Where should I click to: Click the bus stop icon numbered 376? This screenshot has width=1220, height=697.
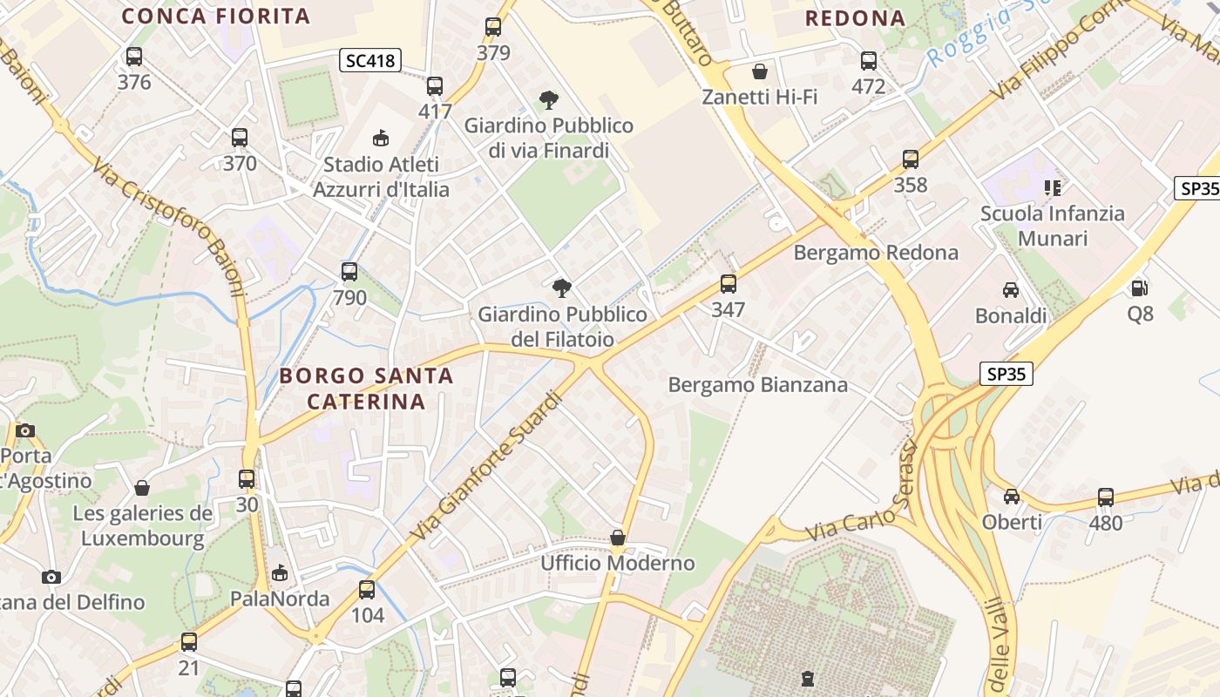pyautogui.click(x=134, y=57)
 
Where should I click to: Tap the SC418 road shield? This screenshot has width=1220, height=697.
pyautogui.click(x=369, y=60)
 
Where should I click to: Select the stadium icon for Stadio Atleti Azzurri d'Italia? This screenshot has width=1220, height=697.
pyautogui.click(x=381, y=138)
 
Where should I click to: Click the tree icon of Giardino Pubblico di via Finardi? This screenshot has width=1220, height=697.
pyautogui.click(x=548, y=100)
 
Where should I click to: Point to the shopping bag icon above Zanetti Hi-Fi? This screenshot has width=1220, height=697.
pyautogui.click(x=760, y=71)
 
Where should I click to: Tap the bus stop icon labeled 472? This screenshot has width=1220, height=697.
pyautogui.click(x=869, y=61)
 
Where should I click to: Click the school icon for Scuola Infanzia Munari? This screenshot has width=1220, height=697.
pyautogui.click(x=1052, y=187)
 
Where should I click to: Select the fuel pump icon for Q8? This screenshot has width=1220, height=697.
pyautogui.click(x=1139, y=288)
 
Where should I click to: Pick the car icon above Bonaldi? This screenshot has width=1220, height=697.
pyautogui.click(x=1011, y=290)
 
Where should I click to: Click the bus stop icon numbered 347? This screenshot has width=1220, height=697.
pyautogui.click(x=728, y=284)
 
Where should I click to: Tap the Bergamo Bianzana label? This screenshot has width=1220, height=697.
pyautogui.click(x=757, y=384)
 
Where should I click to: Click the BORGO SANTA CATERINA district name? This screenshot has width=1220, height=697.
pyautogui.click(x=366, y=389)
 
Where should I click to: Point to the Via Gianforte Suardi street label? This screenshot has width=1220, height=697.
pyautogui.click(x=485, y=465)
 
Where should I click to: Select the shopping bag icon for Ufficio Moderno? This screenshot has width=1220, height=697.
pyautogui.click(x=618, y=538)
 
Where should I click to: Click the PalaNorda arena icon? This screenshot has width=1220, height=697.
pyautogui.click(x=279, y=573)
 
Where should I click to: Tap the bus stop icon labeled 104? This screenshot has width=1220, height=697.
pyautogui.click(x=367, y=590)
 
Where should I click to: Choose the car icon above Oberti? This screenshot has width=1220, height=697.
pyautogui.click(x=1012, y=496)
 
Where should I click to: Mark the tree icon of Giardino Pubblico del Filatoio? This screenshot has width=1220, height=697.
pyautogui.click(x=562, y=288)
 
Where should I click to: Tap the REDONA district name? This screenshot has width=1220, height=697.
pyautogui.click(x=855, y=17)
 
